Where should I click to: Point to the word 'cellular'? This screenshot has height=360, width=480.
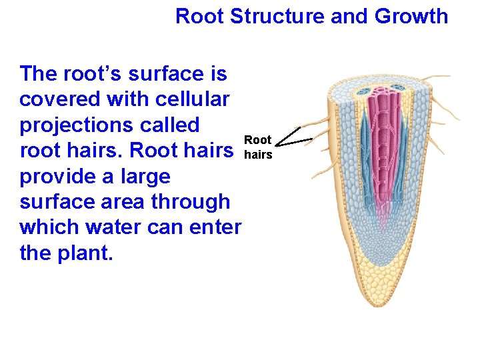(x=193, y=99)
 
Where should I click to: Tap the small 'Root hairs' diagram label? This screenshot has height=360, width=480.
(x=258, y=147)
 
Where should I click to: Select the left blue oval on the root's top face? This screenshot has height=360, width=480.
(x=364, y=91)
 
